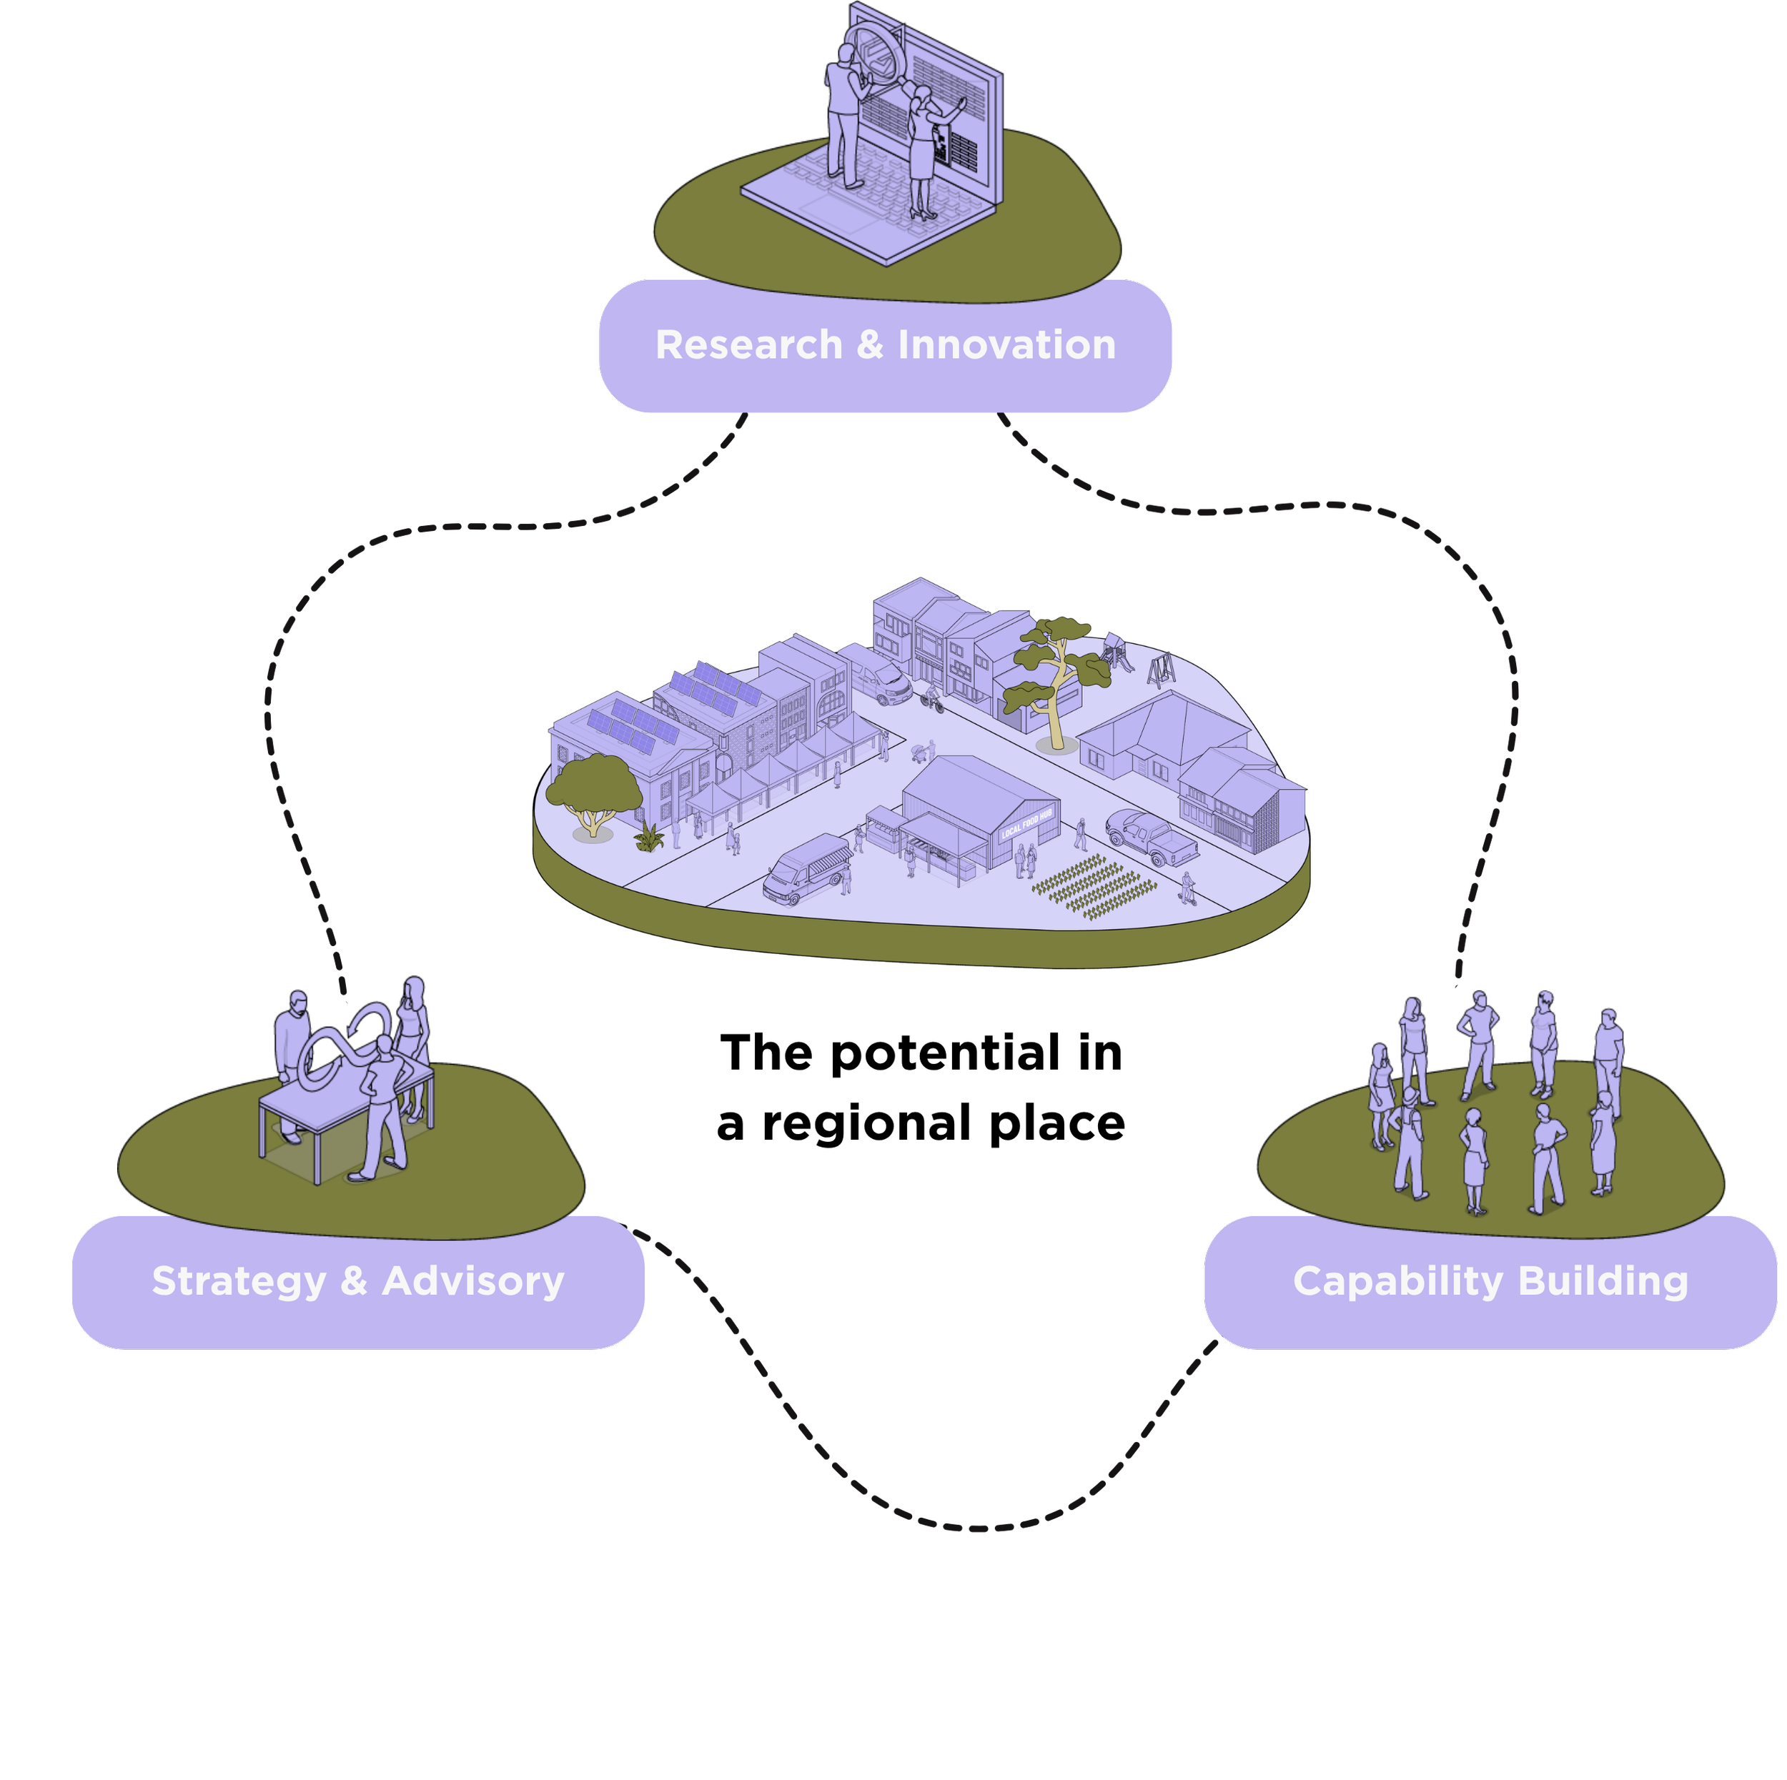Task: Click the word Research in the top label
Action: point(748,345)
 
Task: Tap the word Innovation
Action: point(1006,345)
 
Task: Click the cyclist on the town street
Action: point(931,699)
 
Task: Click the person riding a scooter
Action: point(1187,887)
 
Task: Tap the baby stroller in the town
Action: point(919,752)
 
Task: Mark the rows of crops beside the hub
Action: point(1095,886)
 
